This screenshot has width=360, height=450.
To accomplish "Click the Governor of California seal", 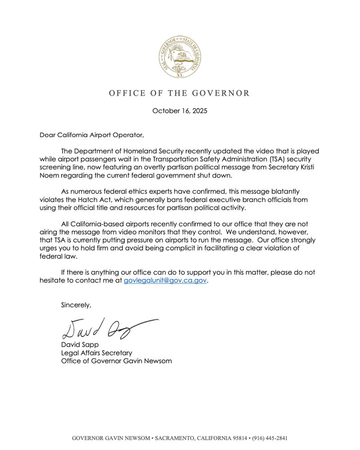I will pos(180,58).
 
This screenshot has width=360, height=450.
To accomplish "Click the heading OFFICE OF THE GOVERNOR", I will pos(179,93).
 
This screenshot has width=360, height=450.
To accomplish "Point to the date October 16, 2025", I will pos(180,111).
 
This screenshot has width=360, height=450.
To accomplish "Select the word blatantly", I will pos(283,192).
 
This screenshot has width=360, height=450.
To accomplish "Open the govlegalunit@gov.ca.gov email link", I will pos(165,280).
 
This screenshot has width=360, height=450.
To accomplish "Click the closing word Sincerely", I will pos(76,305).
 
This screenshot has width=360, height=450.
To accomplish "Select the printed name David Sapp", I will pos(80,345).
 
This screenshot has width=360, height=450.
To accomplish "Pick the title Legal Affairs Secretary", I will pos(96,353).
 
